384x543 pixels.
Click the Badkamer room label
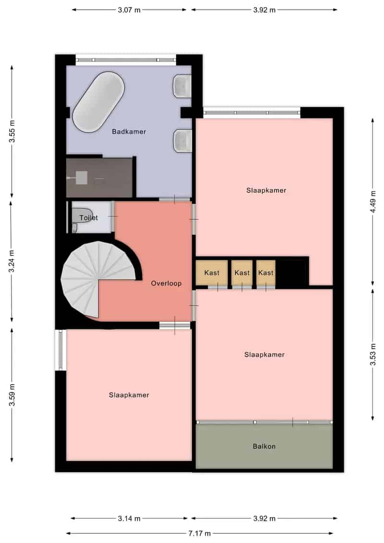(129, 132)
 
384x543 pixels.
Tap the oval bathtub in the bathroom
(98, 102)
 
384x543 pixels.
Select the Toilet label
(88, 218)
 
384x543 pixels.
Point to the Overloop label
(166, 283)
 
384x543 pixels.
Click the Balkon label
(264, 446)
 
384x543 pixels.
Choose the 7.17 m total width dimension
(200, 533)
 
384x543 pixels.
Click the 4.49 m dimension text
(373, 202)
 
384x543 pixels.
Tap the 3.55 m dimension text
(12, 132)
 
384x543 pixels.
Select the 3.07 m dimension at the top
(129, 10)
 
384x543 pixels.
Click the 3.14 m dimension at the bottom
(129, 519)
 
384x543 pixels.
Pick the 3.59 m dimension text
(12, 395)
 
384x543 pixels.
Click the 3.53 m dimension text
(373, 354)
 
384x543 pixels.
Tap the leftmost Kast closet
(212, 273)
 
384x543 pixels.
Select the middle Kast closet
(242, 273)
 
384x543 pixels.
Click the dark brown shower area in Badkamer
(99, 178)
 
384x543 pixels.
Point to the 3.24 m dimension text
(12, 261)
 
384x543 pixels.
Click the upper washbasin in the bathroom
(182, 85)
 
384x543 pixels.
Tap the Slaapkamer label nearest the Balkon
(264, 355)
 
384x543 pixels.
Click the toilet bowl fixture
(82, 216)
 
